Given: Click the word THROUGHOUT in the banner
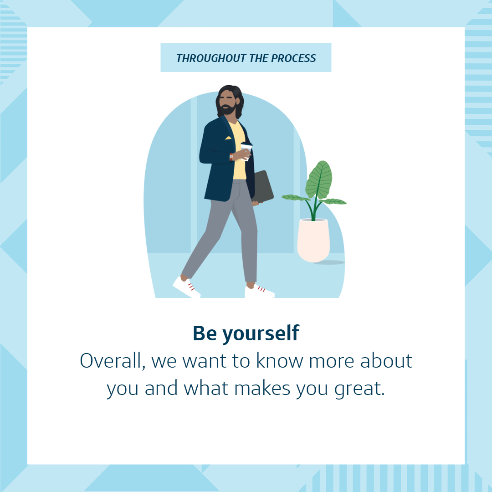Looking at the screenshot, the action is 211,58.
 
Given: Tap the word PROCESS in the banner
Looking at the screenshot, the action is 293,58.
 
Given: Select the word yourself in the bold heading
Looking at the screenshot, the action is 261,334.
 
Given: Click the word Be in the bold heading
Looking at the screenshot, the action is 205,333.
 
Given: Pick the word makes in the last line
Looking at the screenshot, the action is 262,388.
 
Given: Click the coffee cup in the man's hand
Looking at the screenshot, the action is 246,151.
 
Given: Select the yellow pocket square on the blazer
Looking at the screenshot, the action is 228,138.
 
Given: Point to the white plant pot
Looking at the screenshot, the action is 313,241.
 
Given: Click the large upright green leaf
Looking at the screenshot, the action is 319,180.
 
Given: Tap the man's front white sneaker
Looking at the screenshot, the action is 260,291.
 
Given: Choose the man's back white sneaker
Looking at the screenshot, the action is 186,287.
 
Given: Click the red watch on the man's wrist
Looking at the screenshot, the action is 231,157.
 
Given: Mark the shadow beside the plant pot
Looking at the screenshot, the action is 328,262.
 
